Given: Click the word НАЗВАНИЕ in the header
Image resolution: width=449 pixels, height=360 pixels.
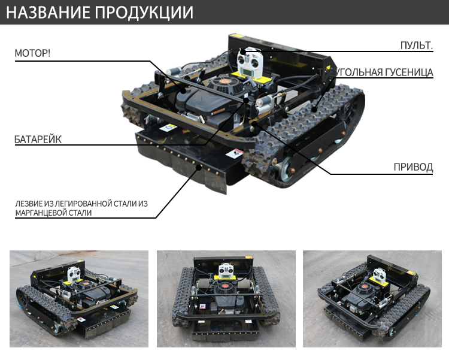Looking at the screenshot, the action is [x=48, y=13].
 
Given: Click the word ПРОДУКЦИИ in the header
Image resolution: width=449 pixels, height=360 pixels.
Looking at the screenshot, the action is [x=144, y=13].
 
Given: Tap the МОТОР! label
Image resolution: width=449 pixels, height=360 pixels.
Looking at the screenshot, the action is [x=32, y=53].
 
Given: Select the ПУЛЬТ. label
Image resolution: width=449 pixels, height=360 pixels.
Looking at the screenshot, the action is [x=417, y=46].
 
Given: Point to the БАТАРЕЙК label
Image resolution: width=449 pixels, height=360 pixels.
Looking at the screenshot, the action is [x=38, y=140].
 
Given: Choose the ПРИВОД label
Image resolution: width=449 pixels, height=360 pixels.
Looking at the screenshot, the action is [x=413, y=167].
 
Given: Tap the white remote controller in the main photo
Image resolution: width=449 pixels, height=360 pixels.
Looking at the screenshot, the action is [x=250, y=62].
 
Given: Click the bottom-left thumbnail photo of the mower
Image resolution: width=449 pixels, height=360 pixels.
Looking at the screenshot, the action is [x=79, y=299].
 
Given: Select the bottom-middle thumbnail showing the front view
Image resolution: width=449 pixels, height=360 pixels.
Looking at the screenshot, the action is [x=226, y=299].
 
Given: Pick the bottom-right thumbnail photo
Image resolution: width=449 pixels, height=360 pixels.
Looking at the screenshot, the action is [x=372, y=299].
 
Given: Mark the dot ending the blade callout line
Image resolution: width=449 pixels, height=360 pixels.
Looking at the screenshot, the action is [x=199, y=167].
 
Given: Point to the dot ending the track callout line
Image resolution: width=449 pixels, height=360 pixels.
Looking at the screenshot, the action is [x=314, y=109].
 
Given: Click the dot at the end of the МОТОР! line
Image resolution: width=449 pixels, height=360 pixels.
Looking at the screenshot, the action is [x=183, y=92].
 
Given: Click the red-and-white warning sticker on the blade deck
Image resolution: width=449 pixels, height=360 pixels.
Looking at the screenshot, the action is [x=235, y=153].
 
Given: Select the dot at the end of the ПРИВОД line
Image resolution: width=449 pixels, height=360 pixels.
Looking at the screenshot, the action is [x=254, y=123].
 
